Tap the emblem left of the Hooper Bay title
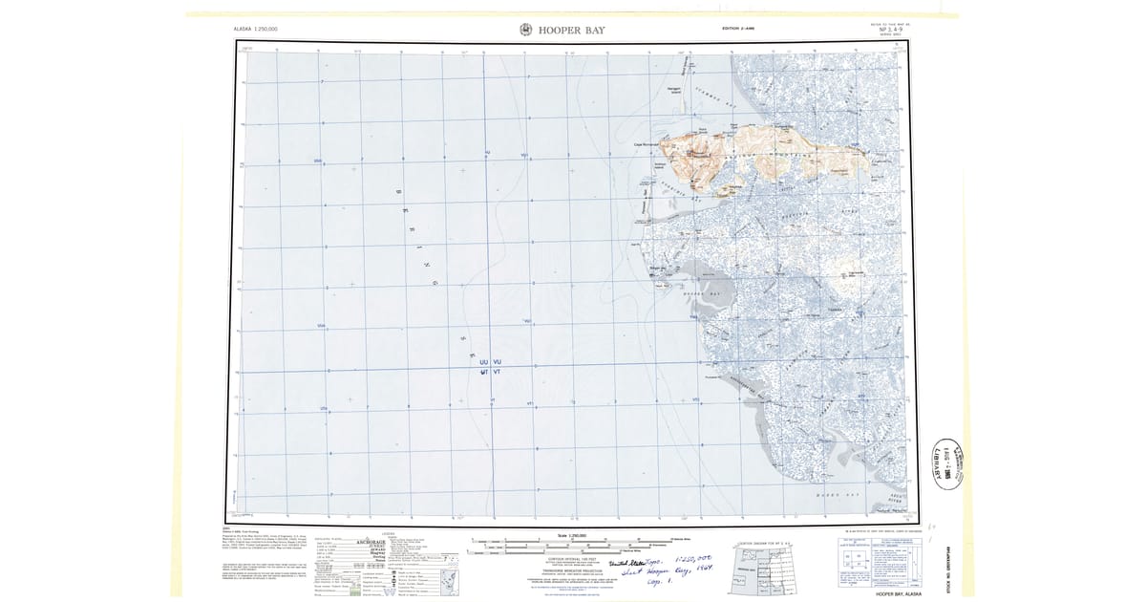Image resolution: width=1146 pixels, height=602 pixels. tap(525, 31)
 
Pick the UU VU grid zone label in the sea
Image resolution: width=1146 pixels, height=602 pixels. tap(490, 362)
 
